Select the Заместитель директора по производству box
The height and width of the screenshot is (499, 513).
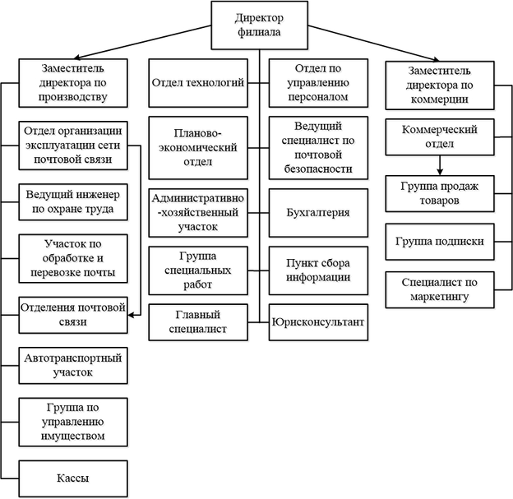tap(73, 82)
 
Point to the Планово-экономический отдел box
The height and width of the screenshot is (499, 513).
tap(199, 147)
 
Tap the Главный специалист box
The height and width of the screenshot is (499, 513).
tap(199, 323)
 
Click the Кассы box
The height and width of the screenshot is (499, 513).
tap(73, 477)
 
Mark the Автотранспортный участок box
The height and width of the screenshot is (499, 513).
tap(73, 364)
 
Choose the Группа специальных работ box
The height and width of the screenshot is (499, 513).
tap(199, 269)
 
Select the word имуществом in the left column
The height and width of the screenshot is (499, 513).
tap(73, 436)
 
